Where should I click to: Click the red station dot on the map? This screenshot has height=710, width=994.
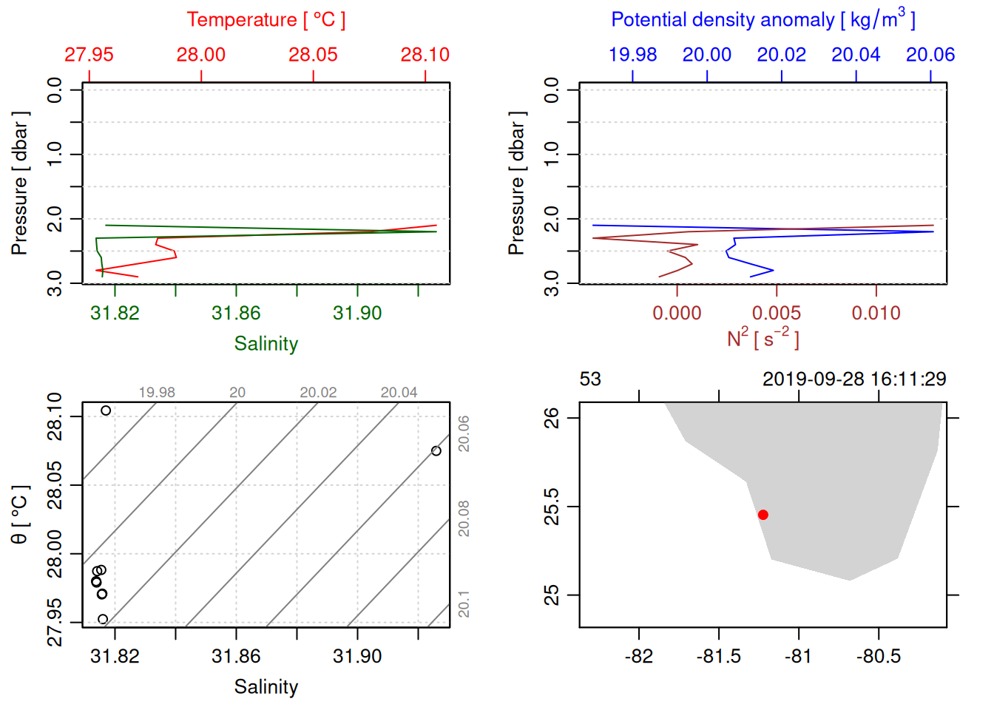(763, 515)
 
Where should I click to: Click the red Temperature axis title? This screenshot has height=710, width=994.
(266, 20)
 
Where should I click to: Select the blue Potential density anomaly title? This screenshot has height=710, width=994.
(763, 20)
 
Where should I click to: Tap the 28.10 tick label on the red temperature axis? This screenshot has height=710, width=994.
(425, 55)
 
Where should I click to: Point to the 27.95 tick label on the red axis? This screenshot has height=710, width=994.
(89, 55)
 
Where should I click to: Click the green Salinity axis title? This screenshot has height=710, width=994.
(266, 344)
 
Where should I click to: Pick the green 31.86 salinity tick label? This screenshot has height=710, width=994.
(236, 314)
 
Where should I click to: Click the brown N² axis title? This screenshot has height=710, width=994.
(763, 339)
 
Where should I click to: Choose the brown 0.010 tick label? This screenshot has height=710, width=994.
(876, 314)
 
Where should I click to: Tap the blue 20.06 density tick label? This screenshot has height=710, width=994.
(930, 55)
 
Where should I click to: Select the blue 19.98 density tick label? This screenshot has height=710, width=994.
(632, 55)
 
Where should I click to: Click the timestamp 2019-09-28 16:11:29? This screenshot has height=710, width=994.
(854, 379)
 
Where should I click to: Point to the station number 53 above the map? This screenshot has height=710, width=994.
(590, 379)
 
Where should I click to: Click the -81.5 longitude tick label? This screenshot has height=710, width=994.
(718, 657)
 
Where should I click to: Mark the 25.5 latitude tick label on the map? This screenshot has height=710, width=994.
(552, 507)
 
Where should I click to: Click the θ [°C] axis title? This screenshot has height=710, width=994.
(19, 515)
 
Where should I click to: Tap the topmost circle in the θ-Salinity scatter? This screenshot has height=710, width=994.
(106, 410)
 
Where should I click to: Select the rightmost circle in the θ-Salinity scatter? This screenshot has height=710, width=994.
(436, 451)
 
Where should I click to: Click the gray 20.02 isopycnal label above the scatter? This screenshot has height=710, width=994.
(318, 393)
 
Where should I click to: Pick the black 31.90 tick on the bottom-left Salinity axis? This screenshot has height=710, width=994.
(357, 657)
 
